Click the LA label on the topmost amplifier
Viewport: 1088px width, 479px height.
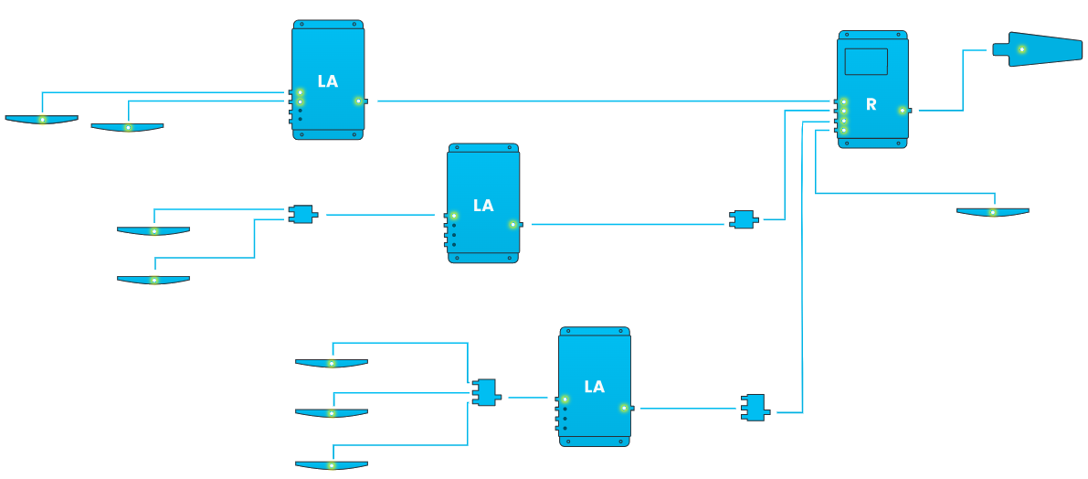pos(328,81)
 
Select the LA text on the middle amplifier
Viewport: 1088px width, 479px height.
pos(483,206)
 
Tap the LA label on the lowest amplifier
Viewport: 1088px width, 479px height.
pos(594,387)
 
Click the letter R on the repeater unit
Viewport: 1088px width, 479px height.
pos(871,105)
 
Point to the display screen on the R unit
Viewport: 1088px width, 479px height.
pos(866,61)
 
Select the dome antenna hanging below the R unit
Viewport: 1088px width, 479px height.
pos(992,212)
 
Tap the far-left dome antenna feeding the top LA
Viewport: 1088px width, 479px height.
pos(42,119)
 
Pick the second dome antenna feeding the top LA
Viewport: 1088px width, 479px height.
pos(128,127)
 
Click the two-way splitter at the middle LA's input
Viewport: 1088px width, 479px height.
pos(302,214)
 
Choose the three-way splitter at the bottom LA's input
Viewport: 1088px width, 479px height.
pos(486,392)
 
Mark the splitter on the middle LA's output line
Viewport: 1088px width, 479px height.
pos(744,219)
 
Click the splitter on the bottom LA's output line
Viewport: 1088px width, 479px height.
pos(755,408)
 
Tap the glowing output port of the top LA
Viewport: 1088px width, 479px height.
pos(358,101)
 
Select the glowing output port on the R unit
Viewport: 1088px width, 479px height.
pos(902,111)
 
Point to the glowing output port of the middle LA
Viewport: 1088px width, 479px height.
pos(512,224)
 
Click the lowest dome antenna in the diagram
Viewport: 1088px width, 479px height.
pos(332,465)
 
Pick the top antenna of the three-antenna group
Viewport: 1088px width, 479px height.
pos(332,363)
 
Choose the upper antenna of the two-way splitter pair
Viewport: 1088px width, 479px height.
pos(153,231)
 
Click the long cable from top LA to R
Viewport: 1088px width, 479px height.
pos(594,101)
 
